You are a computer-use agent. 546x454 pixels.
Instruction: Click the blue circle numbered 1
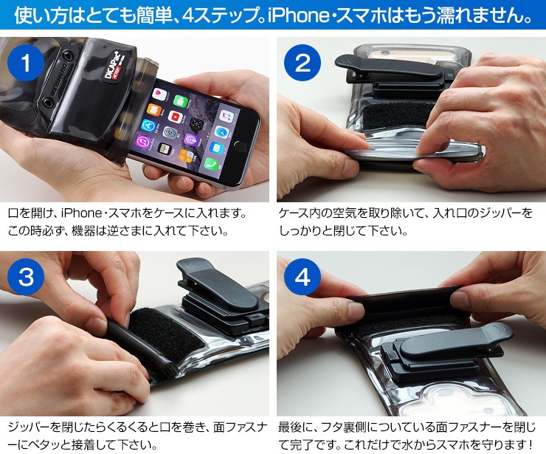26,63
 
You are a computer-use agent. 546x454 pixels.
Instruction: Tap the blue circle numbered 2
303,63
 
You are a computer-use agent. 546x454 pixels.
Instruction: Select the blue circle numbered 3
26,277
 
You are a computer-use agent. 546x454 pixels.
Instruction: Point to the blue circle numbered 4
303,277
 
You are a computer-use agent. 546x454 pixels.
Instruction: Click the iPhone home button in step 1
241,146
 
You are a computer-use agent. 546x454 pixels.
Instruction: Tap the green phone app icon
211,164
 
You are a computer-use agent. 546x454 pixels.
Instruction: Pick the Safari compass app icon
221,132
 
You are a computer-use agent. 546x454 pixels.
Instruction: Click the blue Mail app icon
216,148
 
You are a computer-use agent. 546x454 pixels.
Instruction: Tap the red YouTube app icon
175,117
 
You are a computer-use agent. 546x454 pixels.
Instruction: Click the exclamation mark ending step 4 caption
530,444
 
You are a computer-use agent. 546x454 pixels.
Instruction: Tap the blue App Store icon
148,125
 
